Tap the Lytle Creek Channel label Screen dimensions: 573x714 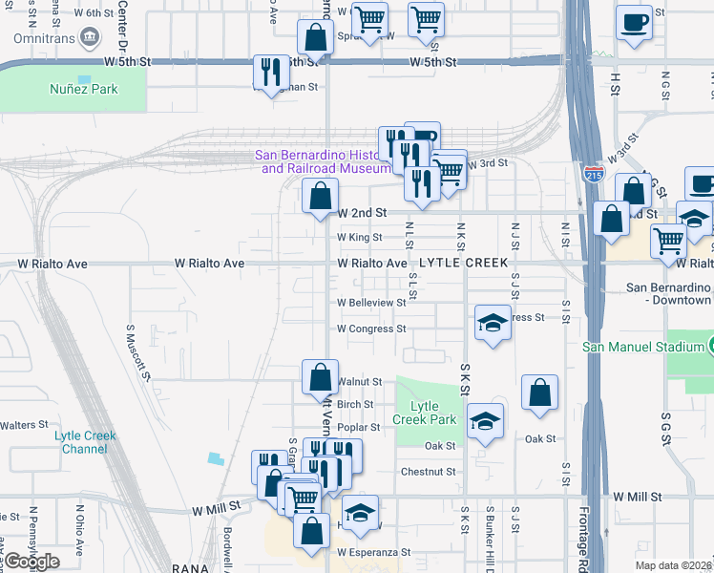click(85, 442)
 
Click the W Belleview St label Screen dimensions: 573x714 click(371, 303)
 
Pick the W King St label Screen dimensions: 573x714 click(359, 238)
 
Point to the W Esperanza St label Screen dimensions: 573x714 click(373, 552)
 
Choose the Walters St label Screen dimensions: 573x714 click(24, 425)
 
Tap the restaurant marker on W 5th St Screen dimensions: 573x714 click(270, 72)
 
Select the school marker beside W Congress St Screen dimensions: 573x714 click(493, 322)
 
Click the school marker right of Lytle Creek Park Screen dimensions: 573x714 click(486, 420)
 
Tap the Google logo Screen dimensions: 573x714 click(32, 562)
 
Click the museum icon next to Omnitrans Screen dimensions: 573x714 click(91, 39)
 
